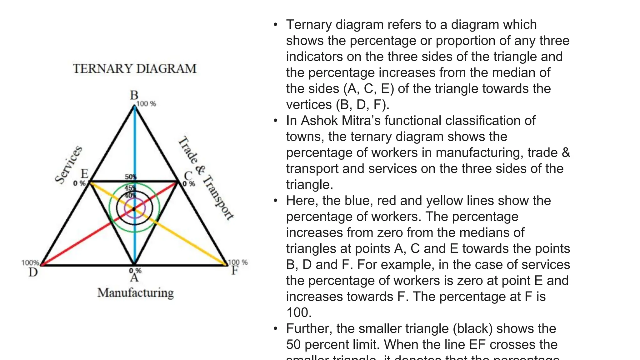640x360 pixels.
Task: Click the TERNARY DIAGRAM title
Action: coord(135,69)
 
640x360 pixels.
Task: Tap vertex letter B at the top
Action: coord(134,95)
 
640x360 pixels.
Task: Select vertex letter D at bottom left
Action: coord(33,272)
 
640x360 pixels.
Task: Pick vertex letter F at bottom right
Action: coord(235,270)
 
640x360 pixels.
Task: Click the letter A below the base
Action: coord(134,277)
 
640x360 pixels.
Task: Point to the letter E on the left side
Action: coord(85,174)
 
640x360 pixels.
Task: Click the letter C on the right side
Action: coord(187,176)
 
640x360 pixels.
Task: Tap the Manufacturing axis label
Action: coord(135,293)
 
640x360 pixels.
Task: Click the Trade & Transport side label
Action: coord(206,178)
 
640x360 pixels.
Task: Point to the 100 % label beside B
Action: coord(146,104)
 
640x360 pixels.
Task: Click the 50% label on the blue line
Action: coord(130,177)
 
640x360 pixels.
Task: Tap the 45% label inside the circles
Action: coord(130,188)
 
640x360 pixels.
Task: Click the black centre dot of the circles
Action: coord(134,209)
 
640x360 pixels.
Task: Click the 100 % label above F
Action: coord(238,262)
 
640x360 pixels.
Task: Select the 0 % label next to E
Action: coord(79,183)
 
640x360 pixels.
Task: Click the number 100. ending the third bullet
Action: coord(299,312)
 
